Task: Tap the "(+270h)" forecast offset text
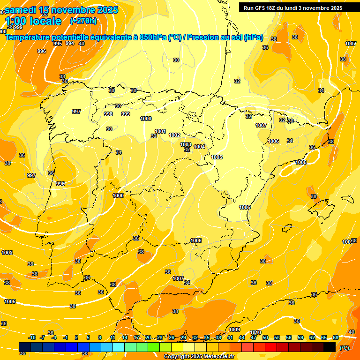tap(83, 21)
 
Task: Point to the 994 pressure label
tap(70, 43)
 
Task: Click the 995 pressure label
tap(58, 43)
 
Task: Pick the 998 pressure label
tap(108, 114)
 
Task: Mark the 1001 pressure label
tap(160, 131)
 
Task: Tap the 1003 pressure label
tap(186, 144)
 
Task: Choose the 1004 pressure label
tap(200, 147)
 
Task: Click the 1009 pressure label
tap(235, 330)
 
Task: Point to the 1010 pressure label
tap(255, 332)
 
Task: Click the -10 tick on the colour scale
tap(32, 337)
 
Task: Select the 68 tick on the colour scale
tap(336, 337)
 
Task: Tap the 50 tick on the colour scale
tap(265, 337)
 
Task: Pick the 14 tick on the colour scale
tap(125, 337)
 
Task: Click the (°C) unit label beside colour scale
tap(345, 348)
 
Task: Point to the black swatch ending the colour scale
tap(330, 347)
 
